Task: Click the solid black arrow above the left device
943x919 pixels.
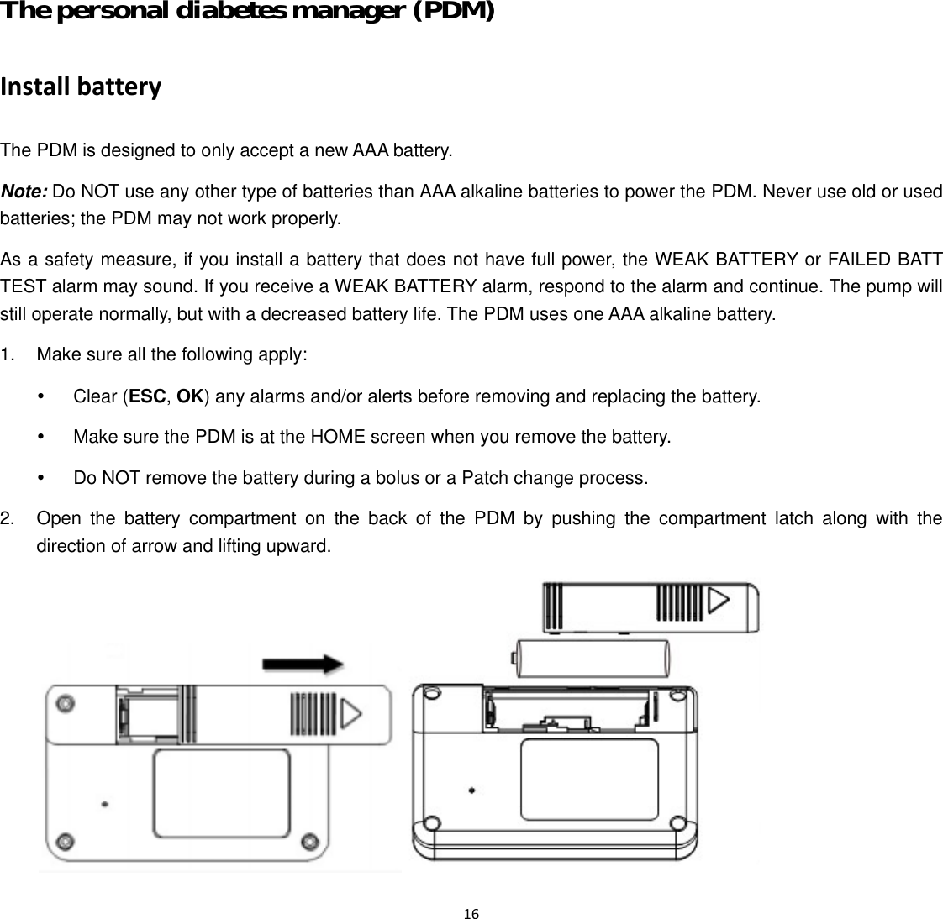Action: [x=303, y=664]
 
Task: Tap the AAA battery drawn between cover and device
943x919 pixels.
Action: [x=592, y=658]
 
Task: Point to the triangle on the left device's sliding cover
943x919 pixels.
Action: [x=351, y=714]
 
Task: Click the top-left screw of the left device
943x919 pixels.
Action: [x=63, y=702]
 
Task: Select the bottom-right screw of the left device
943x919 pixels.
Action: [x=308, y=841]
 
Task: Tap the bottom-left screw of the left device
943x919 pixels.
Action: [x=63, y=841]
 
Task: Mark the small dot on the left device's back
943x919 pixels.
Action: [x=104, y=804]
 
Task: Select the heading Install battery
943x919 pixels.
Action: [x=81, y=87]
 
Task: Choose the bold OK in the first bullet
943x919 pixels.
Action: [x=190, y=396]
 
